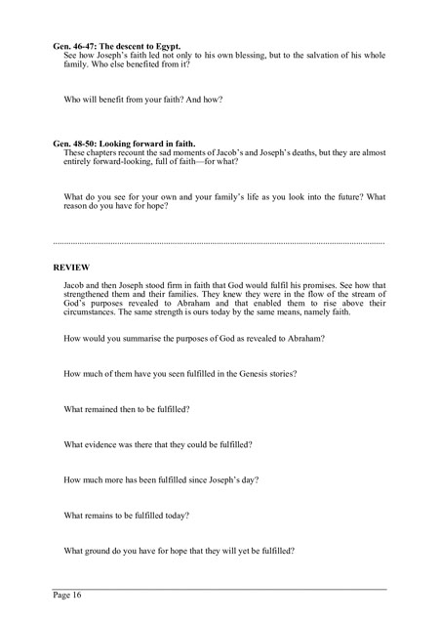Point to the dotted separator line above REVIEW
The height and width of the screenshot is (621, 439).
219,242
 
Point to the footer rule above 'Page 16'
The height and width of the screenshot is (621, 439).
219,589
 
